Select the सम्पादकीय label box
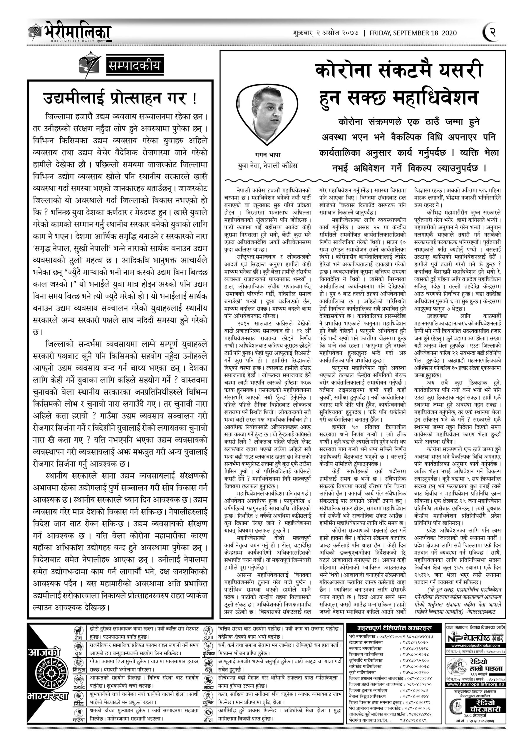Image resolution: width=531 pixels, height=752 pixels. click(x=134, y=66)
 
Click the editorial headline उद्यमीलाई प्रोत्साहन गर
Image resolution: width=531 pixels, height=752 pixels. click(x=120, y=98)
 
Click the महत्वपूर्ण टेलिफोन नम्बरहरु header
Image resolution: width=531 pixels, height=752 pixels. click(x=394, y=628)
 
